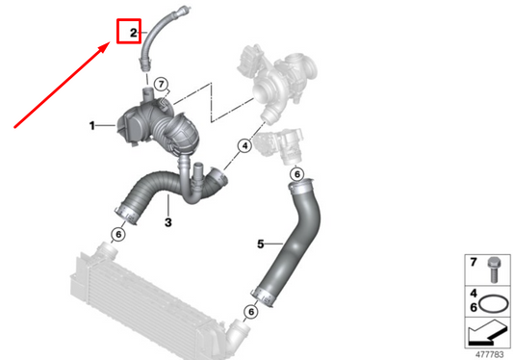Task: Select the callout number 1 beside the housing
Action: (91, 125)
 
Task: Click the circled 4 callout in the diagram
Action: (244, 146)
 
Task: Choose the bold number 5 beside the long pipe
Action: (260, 244)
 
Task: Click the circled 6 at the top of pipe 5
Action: (297, 173)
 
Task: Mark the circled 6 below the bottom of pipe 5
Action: (249, 313)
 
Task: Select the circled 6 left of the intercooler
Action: (117, 234)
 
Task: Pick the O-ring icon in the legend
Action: (494, 301)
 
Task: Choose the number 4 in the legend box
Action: (472, 291)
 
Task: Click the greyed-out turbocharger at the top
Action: (279, 82)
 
